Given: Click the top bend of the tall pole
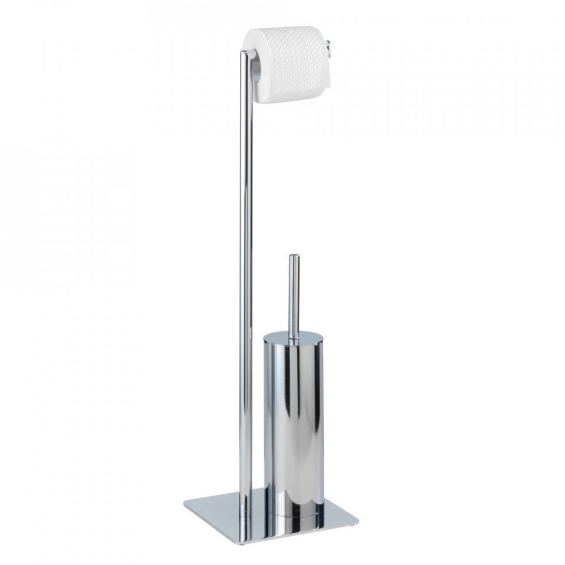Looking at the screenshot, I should click(x=244, y=54).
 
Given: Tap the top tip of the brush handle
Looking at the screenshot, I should click(x=293, y=257).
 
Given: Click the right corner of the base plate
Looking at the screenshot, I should click(x=357, y=520).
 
